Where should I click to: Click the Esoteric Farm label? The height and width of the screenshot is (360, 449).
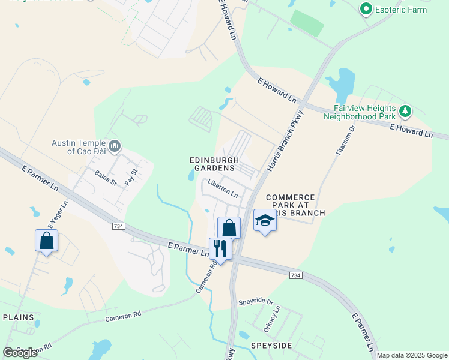point(401,10)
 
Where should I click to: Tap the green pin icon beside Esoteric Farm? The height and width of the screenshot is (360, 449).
point(365,9)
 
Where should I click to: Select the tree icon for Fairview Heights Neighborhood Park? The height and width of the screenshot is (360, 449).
point(406,110)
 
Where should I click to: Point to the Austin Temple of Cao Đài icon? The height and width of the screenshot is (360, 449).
point(115,146)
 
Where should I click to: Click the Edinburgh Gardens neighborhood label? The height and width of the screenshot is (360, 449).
point(214,164)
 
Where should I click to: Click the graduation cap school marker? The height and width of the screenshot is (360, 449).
point(264,220)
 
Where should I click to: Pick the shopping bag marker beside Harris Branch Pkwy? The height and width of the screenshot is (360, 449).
point(229,227)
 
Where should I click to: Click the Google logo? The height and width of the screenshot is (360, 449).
point(20,352)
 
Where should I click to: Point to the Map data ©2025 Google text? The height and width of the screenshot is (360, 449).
point(412,355)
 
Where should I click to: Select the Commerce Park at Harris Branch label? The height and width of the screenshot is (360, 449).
point(295,205)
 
